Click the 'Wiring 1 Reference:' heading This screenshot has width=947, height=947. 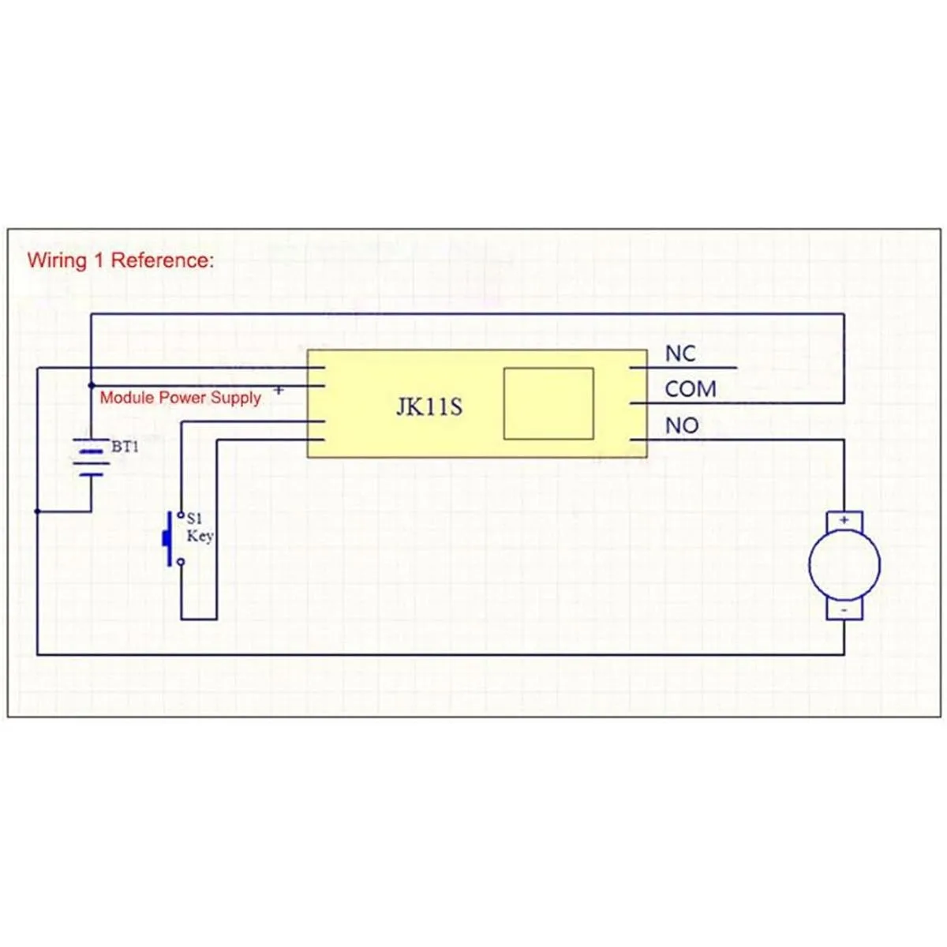click(120, 260)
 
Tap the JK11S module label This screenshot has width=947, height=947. click(429, 407)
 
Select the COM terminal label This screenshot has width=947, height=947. click(690, 389)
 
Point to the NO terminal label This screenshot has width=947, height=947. click(682, 425)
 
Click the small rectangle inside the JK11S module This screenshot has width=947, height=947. click(548, 403)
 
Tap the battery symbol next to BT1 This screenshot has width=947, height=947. click(92, 458)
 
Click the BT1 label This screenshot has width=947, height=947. click(125, 447)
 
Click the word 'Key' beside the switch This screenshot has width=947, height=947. click(200, 536)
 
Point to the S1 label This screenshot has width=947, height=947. click(194, 518)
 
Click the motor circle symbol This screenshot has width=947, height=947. click(844, 565)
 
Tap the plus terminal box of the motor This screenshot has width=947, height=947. click(844, 521)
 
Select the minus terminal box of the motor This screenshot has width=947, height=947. click(844, 610)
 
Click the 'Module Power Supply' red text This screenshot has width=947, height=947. click(180, 398)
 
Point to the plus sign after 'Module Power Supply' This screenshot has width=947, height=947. click(279, 390)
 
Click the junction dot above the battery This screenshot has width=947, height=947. click(92, 385)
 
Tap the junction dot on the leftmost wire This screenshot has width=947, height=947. click(37, 511)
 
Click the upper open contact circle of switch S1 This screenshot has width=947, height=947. click(181, 515)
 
